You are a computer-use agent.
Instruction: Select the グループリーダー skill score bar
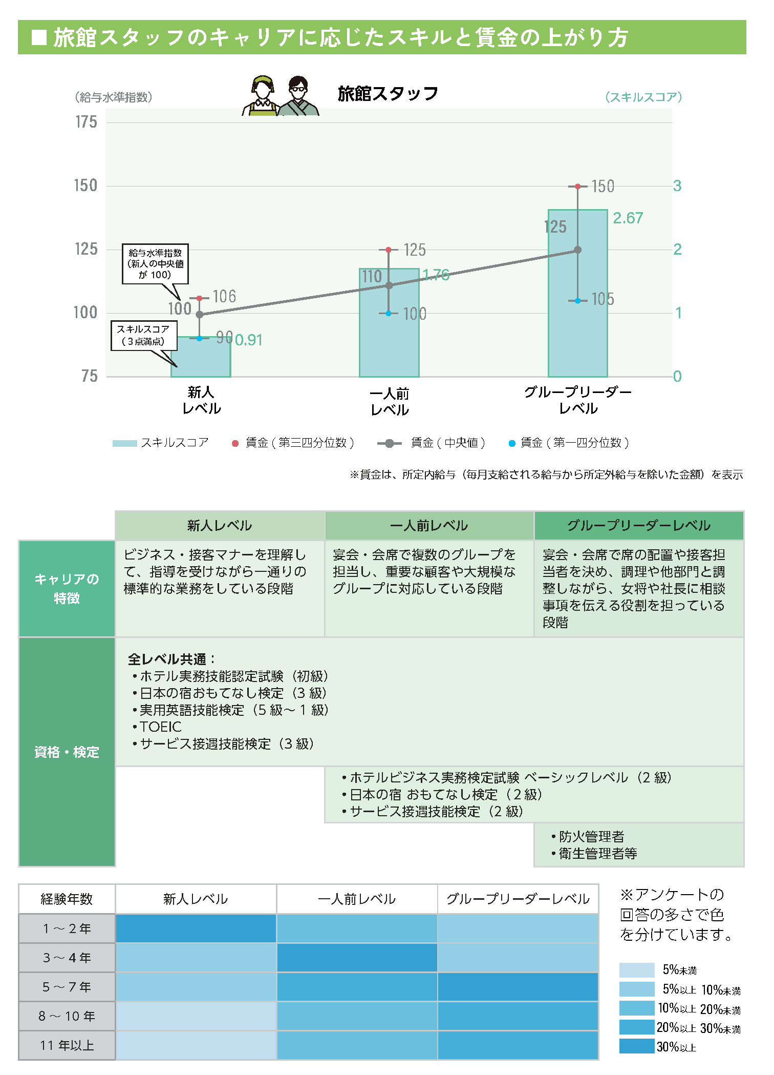coord(577,318)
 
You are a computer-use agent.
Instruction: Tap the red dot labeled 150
coord(577,187)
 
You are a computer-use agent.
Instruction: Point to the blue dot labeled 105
coord(577,301)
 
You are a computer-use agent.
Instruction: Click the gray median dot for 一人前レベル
coord(389,285)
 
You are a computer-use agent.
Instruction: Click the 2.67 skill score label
coord(628,218)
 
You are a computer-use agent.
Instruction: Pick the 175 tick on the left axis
coord(86,122)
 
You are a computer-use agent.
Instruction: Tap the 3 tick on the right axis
coord(677,186)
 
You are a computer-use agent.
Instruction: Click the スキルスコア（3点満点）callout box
coord(144,336)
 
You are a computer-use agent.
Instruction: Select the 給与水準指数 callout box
coord(155,264)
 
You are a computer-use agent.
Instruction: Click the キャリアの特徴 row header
coord(67,588)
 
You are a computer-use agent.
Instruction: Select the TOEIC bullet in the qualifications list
coord(160,727)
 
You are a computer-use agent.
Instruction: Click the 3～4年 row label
coord(67,958)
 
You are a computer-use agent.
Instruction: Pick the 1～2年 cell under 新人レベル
coord(196,928)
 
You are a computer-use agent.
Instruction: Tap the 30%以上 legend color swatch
coord(636,1046)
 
